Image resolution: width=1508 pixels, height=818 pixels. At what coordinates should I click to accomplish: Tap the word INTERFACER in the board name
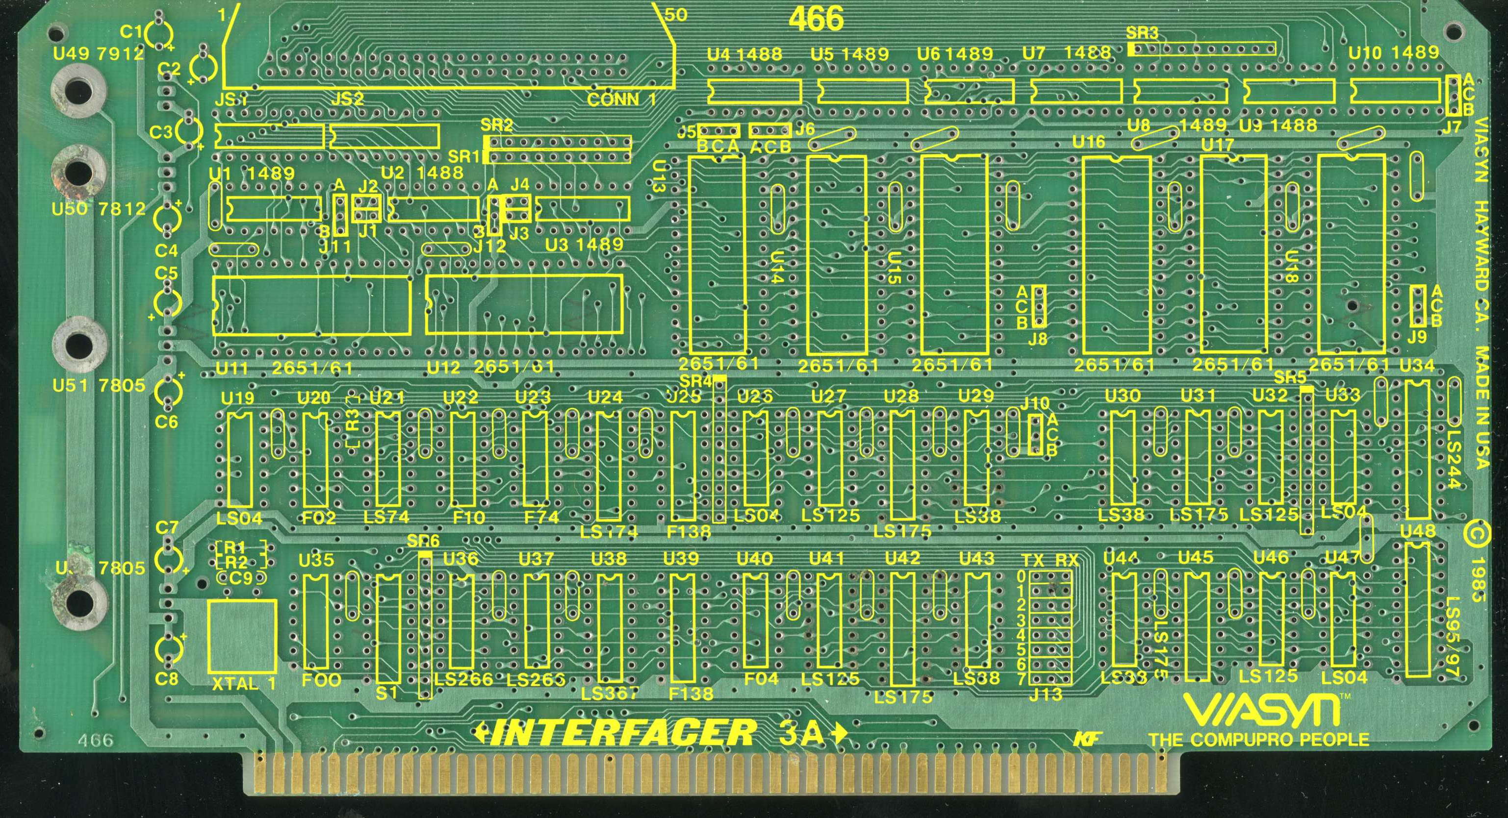[623, 733]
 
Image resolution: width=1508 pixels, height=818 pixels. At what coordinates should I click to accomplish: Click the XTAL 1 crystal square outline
[242, 635]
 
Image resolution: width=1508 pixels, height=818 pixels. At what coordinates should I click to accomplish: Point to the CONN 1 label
[621, 99]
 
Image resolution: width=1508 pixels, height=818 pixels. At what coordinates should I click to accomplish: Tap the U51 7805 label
[99, 386]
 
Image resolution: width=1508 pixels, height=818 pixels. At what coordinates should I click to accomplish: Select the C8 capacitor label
[167, 679]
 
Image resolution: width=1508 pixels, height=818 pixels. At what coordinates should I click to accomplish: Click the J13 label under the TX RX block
[1046, 694]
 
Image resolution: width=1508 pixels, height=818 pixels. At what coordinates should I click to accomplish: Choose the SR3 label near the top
[1142, 33]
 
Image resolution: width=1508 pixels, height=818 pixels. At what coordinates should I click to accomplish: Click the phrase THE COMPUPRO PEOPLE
[1258, 740]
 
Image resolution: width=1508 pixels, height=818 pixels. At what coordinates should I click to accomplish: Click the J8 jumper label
[1038, 339]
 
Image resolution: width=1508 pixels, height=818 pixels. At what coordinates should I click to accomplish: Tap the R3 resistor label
[353, 420]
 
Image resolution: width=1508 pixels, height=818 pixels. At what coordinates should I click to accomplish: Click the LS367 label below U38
[609, 694]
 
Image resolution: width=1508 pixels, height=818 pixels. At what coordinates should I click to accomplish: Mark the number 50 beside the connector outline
[676, 15]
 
